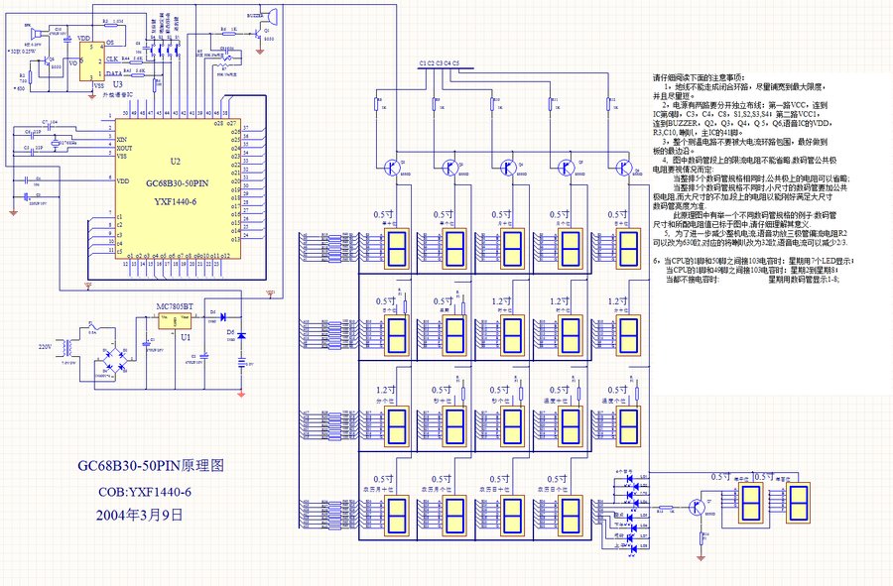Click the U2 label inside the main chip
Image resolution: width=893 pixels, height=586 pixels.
[176, 161]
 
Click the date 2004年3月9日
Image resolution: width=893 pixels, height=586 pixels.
[140, 515]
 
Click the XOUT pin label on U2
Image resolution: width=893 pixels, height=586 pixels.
[126, 148]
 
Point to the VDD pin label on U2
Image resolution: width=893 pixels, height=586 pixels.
[123, 180]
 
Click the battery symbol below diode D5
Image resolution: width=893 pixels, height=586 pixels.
[241, 364]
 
